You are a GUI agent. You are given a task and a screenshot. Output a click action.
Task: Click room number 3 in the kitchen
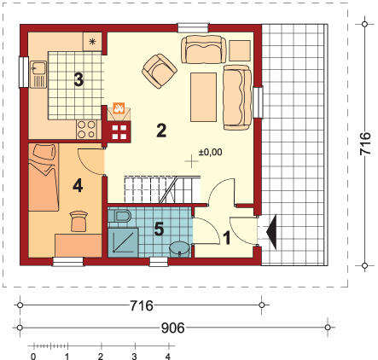[x=79, y=80]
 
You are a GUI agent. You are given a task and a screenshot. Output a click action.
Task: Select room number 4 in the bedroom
[x=77, y=184]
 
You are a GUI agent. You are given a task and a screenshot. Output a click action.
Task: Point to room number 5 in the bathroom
[x=157, y=229]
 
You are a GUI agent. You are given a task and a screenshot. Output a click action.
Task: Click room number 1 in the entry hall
[x=227, y=239]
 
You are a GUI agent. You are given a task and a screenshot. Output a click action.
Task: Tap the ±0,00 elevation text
[x=210, y=152]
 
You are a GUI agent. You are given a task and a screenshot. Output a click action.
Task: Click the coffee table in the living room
[x=203, y=97]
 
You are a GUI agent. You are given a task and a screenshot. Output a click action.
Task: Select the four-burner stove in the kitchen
[x=87, y=130]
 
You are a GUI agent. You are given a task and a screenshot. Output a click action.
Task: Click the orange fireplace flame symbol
[x=119, y=109]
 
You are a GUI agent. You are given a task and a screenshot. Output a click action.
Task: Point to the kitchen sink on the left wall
[x=37, y=73]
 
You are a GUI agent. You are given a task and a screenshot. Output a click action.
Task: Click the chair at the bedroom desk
[x=79, y=222]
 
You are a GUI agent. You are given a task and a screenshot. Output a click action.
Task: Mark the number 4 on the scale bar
[x=168, y=355]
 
